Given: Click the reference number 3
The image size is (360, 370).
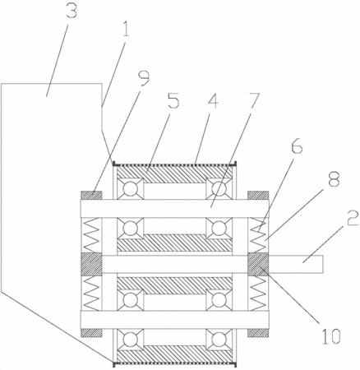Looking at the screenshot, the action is (71, 11).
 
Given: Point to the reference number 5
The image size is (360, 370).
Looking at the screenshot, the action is (173, 101).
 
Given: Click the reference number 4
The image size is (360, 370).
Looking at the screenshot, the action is (212, 101).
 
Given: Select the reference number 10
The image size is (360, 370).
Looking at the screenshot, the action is (331, 336).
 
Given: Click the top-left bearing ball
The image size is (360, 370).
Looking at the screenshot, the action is (130, 189).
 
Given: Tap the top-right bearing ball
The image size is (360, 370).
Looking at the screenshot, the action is (219, 189).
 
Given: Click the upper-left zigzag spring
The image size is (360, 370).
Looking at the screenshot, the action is (91, 235).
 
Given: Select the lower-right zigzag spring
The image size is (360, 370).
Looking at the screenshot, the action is (258, 292).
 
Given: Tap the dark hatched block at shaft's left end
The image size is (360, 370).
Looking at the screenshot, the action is (91, 264).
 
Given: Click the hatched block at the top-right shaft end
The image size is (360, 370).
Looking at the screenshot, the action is (258, 196).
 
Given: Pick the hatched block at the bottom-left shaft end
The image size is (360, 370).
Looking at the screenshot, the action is (91, 332).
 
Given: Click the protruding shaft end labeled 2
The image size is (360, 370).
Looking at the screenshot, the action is (296, 264).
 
